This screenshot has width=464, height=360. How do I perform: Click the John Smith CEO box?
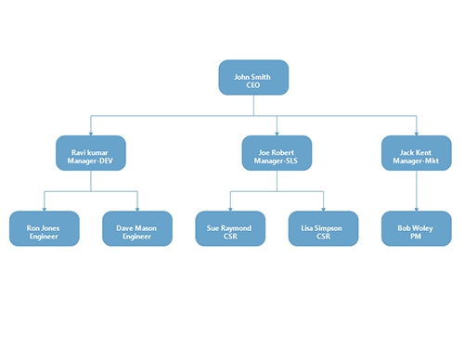[x=253, y=77]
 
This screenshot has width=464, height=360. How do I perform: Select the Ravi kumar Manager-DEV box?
[x=91, y=153]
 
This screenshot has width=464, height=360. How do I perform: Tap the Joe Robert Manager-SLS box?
[x=277, y=153]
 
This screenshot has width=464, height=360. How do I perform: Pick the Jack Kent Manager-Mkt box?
[x=416, y=153]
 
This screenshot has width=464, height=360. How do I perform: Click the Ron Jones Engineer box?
[x=45, y=228]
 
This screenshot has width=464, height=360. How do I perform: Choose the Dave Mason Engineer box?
[x=137, y=228]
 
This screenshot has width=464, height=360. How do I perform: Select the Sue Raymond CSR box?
[x=230, y=228]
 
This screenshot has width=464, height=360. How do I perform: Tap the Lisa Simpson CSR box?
[x=323, y=228]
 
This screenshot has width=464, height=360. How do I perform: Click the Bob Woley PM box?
[x=416, y=228]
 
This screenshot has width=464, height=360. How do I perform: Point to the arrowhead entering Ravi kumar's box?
[x=91, y=133]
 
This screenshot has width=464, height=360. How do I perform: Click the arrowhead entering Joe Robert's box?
[x=277, y=133]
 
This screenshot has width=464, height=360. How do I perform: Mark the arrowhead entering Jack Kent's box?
[x=416, y=133]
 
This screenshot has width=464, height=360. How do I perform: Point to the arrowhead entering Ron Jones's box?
[x=45, y=208]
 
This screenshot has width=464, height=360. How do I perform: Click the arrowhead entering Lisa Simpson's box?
[x=323, y=208]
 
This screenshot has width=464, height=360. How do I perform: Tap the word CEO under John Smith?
[x=253, y=85]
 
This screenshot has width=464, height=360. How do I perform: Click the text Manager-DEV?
[x=91, y=161]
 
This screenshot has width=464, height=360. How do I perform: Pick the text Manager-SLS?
[x=277, y=161]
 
